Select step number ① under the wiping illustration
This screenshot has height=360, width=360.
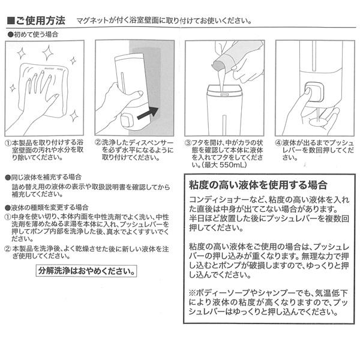[x=8, y=144]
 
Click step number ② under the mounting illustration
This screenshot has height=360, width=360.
[x=97, y=144]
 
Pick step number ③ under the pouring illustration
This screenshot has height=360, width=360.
[x=187, y=144]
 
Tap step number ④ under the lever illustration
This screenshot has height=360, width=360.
[x=278, y=144]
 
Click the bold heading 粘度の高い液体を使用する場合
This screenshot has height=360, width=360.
[x=258, y=184]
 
